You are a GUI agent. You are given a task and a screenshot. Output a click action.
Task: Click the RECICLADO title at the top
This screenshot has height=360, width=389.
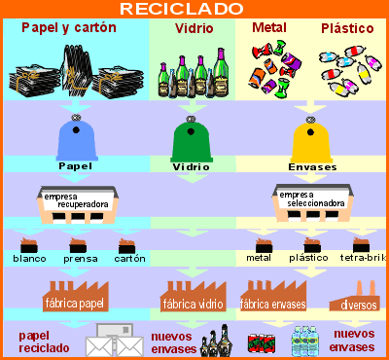pyautogui.click(x=194, y=9)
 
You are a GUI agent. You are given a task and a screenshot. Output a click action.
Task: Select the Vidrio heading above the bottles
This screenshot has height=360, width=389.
pyautogui.click(x=194, y=29)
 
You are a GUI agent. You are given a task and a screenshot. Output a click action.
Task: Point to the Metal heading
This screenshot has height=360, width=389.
pyautogui.click(x=268, y=28)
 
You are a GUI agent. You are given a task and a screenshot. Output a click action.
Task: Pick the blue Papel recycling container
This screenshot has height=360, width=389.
pyautogui.click(x=76, y=138)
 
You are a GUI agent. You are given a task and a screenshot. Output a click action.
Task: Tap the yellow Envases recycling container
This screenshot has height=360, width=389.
pyautogui.click(x=312, y=139)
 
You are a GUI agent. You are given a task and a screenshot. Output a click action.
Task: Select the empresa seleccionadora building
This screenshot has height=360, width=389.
pyautogui.click(x=312, y=201)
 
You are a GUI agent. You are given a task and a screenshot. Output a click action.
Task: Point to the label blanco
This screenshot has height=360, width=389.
pyautogui.click(x=29, y=259)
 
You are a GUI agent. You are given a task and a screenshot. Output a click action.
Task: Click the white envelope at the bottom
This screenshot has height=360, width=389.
pyautogui.click(x=114, y=342)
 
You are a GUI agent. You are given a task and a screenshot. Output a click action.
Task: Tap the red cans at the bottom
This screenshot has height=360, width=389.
pyautogui.click(x=263, y=342)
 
